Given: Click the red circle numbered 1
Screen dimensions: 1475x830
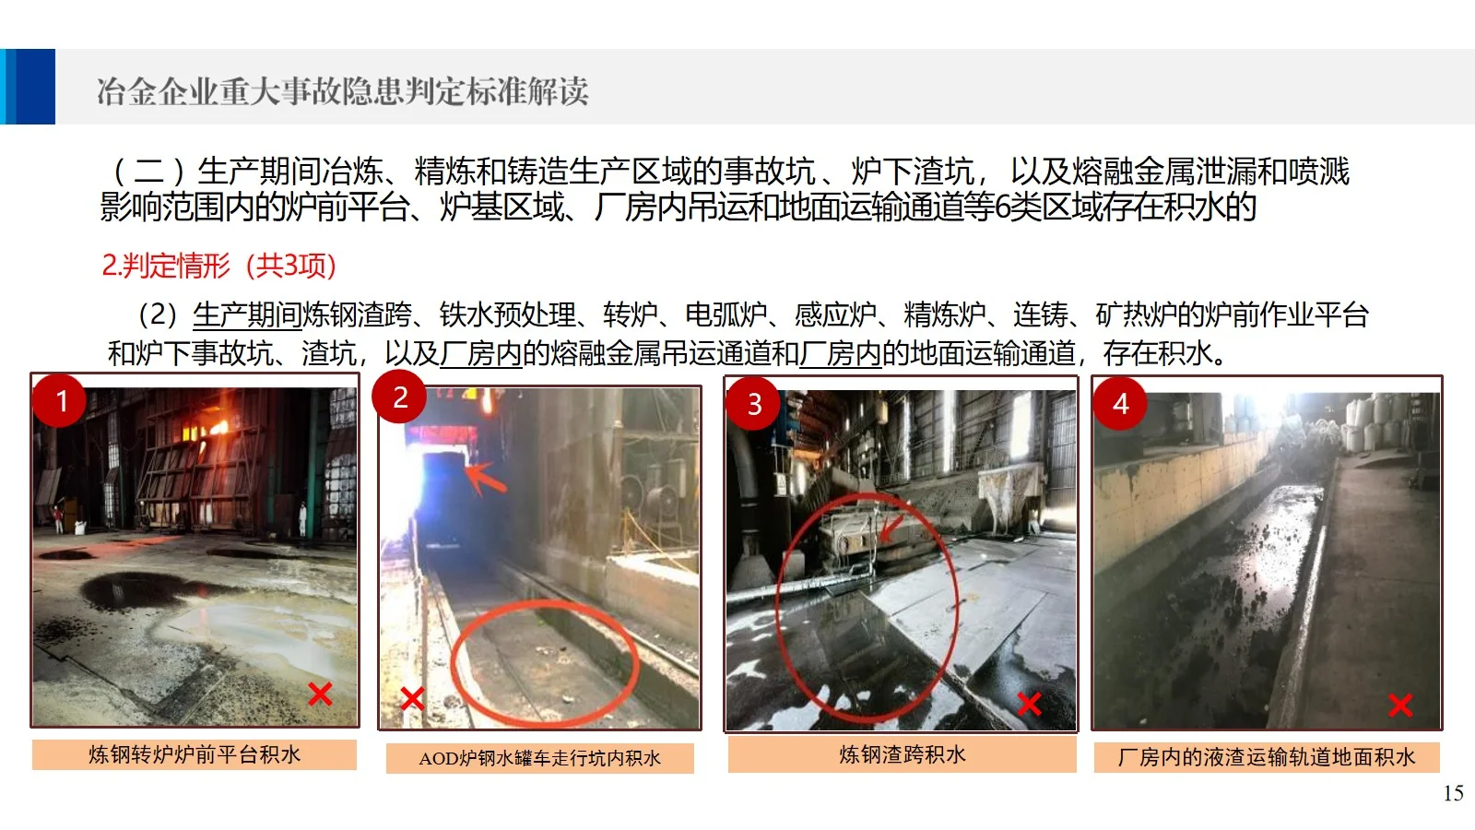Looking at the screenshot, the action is click(x=61, y=400).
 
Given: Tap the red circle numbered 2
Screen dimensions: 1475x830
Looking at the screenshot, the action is click(x=400, y=397).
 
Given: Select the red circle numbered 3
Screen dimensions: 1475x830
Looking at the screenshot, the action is click(x=754, y=404).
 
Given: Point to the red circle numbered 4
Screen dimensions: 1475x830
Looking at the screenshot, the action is click(x=1120, y=403).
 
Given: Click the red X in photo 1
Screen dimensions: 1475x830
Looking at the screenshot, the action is click(x=320, y=694).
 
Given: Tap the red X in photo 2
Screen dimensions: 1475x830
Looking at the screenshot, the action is click(x=412, y=698).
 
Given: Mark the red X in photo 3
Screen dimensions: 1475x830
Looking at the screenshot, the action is click(x=1029, y=705).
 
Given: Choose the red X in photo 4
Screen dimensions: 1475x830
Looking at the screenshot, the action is click(x=1400, y=705).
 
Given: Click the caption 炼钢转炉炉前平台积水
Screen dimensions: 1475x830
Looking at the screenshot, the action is click(x=195, y=754).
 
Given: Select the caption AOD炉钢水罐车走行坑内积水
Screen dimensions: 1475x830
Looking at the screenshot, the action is click(x=539, y=758).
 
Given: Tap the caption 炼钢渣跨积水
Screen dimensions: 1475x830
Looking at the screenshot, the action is click(x=903, y=754).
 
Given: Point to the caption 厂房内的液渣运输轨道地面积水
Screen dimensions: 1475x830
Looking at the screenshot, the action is click(x=1267, y=757).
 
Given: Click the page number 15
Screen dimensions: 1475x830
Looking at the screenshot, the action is click(x=1453, y=793).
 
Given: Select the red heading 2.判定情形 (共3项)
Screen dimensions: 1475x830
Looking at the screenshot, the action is click(x=219, y=266).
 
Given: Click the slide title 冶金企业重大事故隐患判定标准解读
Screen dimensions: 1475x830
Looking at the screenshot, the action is click(x=342, y=91).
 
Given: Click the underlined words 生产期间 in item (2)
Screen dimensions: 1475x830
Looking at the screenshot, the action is click(x=247, y=314).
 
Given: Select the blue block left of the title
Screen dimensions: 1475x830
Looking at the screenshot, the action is click(x=28, y=87).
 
